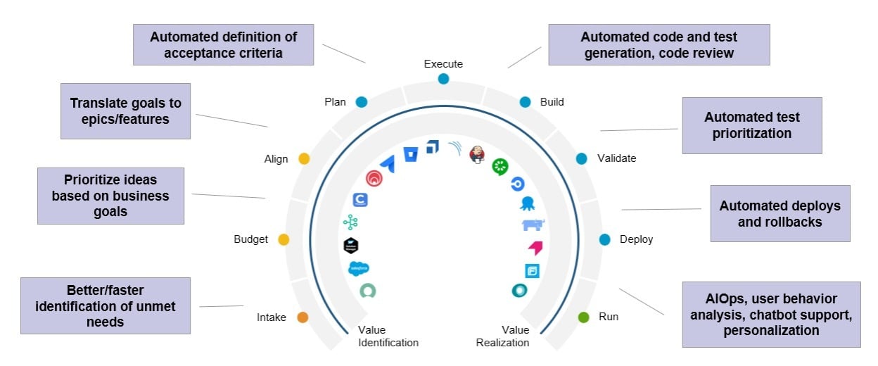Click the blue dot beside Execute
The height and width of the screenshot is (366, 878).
pos(443,79)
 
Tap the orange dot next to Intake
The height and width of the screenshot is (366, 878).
pos(303,317)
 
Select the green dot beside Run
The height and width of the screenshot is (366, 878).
pos(583,317)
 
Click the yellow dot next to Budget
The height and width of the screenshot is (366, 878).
pos(284,240)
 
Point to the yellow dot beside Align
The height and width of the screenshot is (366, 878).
pos(304,158)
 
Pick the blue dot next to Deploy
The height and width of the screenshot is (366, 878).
pos(604,240)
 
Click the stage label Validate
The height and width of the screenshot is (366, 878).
pos(616,158)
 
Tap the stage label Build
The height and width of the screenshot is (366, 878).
pos(552,102)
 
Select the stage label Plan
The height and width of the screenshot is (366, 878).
pos(335,102)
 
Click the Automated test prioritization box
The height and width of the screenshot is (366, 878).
pos(752,125)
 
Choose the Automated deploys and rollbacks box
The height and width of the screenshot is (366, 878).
pos(780,214)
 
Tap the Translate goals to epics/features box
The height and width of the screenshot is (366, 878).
pos(125,111)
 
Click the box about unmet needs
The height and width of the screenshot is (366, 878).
pos(106,305)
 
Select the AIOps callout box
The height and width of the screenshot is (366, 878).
pos(771,315)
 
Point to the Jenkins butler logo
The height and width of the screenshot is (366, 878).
pos(477,154)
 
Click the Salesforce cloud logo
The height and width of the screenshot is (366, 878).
pos(359,268)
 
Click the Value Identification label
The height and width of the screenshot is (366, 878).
pos(388,336)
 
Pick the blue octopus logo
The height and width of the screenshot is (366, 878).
pos(527,204)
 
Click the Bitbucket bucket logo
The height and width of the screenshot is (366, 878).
pos(410,153)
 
